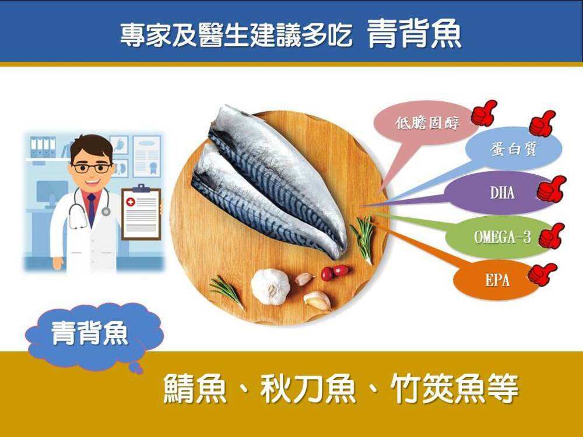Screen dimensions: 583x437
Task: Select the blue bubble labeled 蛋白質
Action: coord(513,149)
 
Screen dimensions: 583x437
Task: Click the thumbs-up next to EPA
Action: coord(542,274)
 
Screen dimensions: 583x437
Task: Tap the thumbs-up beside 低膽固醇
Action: coord(484,112)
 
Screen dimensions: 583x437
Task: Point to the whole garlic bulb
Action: coord(271,287)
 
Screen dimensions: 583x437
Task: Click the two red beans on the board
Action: coord(334,272)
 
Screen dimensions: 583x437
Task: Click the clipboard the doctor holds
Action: coord(141,212)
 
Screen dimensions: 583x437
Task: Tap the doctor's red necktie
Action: coord(92,209)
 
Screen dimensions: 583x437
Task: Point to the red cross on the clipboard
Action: coord(131,202)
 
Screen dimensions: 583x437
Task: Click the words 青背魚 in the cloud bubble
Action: coord(90,333)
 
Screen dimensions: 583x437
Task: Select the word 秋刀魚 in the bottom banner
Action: coord(308,389)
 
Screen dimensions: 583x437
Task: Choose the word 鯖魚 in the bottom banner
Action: coord(195,389)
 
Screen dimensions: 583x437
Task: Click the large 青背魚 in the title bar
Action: coord(415,34)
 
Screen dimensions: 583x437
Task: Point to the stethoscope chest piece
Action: coord(106,212)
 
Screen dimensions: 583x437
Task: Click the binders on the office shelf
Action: coord(43,147)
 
